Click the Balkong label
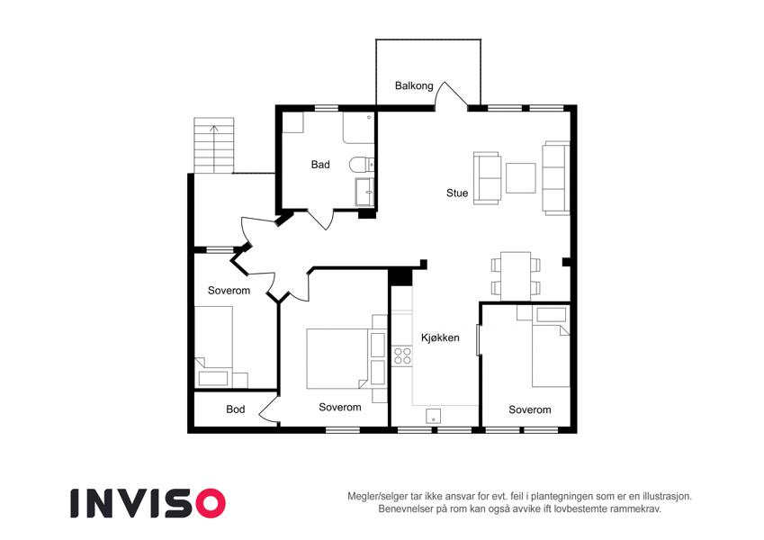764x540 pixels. [414, 86]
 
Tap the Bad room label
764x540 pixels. [320, 165]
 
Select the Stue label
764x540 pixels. [457, 193]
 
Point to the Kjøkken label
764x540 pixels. [440, 337]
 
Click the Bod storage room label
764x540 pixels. [236, 409]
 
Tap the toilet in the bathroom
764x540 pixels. [361, 165]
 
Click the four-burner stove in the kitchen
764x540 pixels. [402, 355]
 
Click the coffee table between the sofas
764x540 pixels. [520, 178]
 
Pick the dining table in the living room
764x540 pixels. [516, 276]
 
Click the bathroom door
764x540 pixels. [321, 220]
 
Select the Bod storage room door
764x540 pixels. [268, 409]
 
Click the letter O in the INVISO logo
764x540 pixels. [211, 503]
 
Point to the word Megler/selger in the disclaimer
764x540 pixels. [375, 497]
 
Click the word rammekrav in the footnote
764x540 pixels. [637, 508]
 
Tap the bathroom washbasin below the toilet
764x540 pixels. [365, 192]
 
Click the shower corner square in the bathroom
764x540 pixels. [292, 121]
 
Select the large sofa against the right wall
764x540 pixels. [556, 178]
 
